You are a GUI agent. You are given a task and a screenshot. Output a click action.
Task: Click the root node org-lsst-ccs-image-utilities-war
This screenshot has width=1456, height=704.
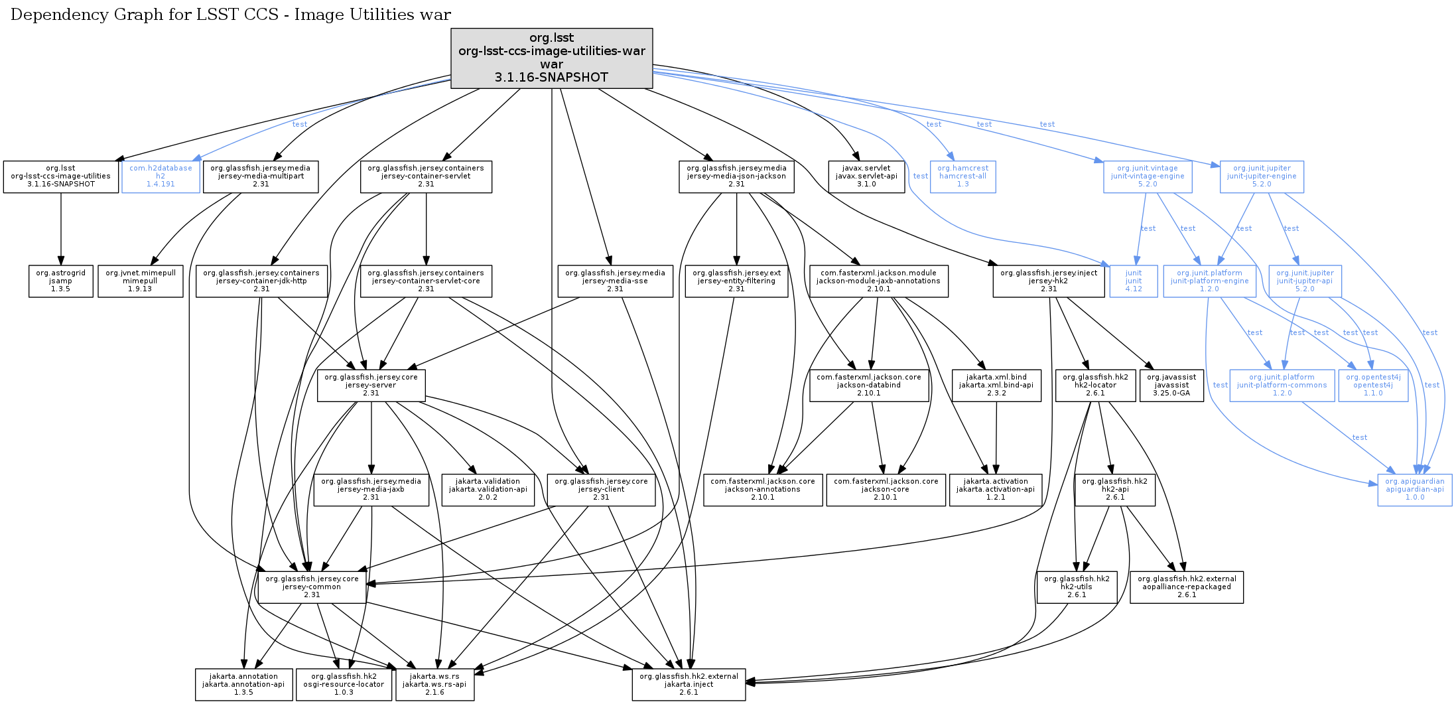pyautogui.click(x=551, y=58)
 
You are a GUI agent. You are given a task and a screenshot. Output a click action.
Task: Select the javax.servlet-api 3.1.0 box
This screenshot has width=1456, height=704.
pyautogui.click(x=866, y=176)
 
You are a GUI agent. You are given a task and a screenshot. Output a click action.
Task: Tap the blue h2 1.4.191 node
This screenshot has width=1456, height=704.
pyautogui.click(x=161, y=176)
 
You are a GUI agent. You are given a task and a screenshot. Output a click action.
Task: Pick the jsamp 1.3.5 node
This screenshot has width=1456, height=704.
pyautogui.click(x=60, y=281)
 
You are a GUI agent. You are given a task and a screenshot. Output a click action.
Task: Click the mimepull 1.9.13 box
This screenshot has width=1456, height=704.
pyautogui.click(x=140, y=281)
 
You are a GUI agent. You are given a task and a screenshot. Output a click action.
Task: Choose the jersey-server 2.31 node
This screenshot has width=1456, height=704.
pyautogui.click(x=371, y=386)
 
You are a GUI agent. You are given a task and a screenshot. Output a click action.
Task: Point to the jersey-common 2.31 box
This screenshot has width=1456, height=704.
pyautogui.click(x=312, y=587)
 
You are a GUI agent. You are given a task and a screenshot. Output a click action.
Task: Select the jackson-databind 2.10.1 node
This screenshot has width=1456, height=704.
pyautogui.click(x=868, y=386)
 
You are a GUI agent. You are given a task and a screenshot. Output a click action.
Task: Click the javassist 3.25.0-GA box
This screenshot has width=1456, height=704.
pyautogui.click(x=1171, y=386)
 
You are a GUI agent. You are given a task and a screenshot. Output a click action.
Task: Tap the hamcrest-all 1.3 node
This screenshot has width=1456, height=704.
pyautogui.click(x=962, y=176)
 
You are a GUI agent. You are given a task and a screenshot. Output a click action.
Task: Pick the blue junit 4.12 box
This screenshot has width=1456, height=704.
pyautogui.click(x=1134, y=281)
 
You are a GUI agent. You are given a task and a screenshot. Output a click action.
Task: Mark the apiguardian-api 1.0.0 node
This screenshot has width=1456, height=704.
pyautogui.click(x=1414, y=490)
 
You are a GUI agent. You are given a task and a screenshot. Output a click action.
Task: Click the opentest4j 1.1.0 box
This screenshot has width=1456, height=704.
pyautogui.click(x=1373, y=386)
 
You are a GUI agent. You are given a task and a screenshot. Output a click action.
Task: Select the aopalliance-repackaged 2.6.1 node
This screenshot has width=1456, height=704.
pyautogui.click(x=1186, y=587)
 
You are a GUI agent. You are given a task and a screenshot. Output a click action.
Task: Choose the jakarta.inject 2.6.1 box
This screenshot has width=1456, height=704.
pyautogui.click(x=689, y=685)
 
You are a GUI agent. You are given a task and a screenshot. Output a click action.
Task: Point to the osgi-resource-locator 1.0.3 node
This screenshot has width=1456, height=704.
pyautogui.click(x=344, y=685)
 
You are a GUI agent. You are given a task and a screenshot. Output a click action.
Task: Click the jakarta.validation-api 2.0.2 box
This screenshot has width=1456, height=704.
pyautogui.click(x=488, y=490)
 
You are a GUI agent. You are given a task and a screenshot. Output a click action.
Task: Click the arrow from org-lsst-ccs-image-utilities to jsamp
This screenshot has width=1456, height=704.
pyautogui.click(x=61, y=229)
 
